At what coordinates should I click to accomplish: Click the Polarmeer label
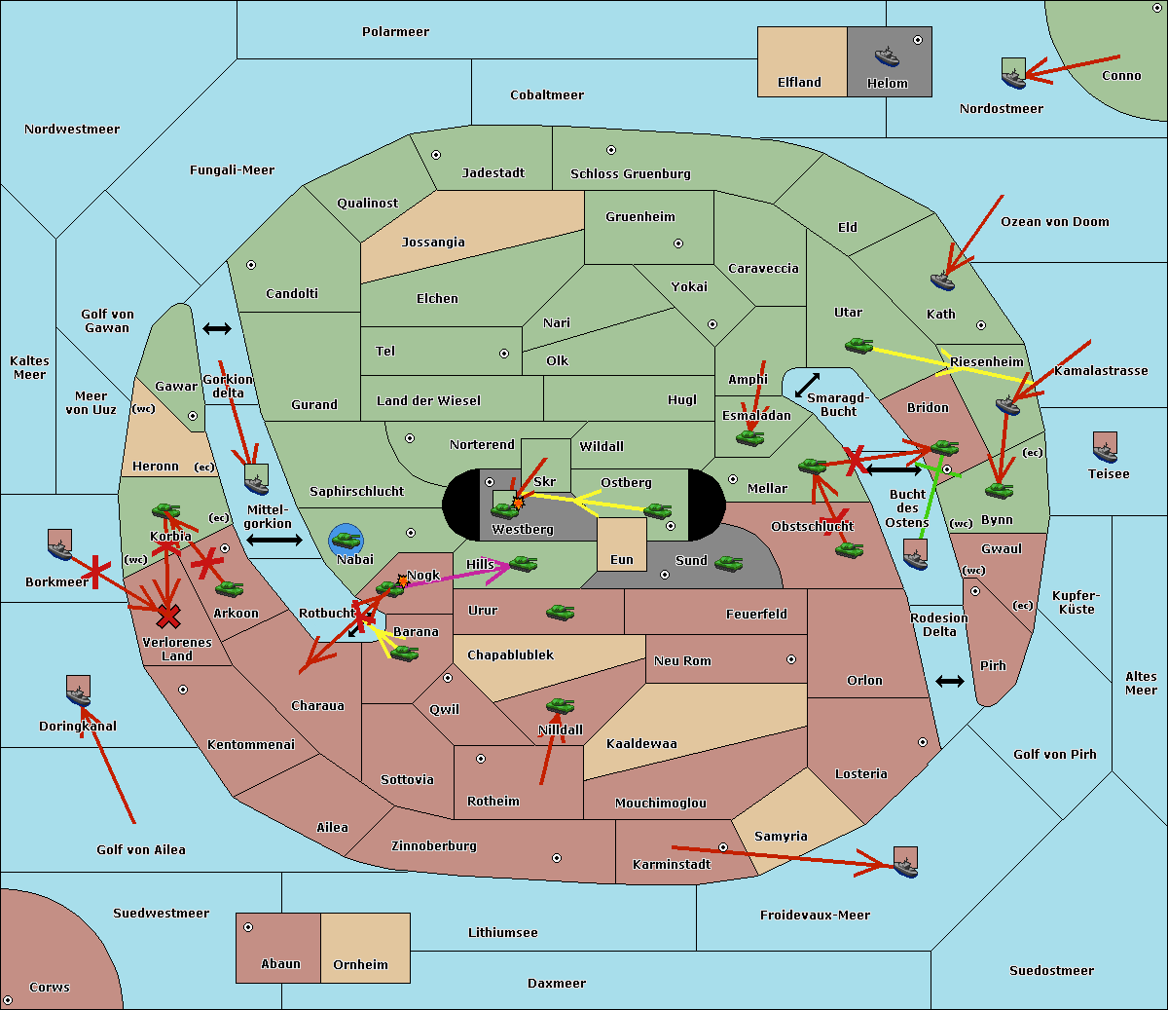(395, 32)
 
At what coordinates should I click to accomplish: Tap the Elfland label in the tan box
(799, 83)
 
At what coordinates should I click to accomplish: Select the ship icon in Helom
(887, 56)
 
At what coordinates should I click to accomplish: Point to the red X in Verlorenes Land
(168, 616)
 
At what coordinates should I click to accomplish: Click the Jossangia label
(433, 243)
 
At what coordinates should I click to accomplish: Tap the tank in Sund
(729, 563)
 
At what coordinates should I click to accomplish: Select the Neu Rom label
(682, 661)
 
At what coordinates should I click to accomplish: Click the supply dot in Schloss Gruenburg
(611, 151)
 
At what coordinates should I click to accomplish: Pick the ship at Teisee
(1105, 450)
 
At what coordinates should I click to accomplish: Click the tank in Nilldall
(560, 706)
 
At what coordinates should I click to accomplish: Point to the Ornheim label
(360, 965)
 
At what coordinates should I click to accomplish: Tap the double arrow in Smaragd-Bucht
(807, 386)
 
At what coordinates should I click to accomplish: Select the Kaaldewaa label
(641, 744)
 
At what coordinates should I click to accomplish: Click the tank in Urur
(560, 613)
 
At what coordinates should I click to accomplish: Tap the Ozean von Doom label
(1054, 222)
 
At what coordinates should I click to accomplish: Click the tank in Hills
(524, 563)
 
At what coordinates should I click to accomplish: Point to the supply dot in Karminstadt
(723, 847)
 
